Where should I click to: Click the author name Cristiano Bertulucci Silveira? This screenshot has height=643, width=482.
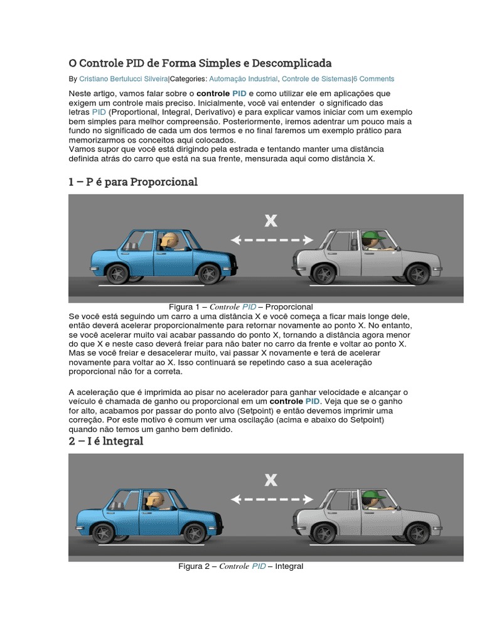tap(124, 79)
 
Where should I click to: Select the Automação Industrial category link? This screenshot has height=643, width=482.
tap(243, 79)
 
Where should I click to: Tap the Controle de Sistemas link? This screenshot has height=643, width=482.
tap(316, 79)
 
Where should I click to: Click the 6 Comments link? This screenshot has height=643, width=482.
tap(374, 79)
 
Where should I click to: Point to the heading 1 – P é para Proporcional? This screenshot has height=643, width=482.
tap(133, 182)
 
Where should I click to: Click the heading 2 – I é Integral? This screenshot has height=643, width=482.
tap(106, 441)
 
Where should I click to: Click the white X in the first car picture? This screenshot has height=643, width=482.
tap(270, 220)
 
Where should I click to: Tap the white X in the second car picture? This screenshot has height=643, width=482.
tap(270, 480)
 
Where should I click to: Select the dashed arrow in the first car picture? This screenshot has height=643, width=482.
tap(271, 239)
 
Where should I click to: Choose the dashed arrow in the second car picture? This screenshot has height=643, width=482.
tap(271, 499)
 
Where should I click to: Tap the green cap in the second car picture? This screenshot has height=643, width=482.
tap(375, 495)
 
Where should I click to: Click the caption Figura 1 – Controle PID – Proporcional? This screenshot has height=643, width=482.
tap(237, 306)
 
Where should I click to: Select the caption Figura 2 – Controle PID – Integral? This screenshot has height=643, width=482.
tap(241, 566)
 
